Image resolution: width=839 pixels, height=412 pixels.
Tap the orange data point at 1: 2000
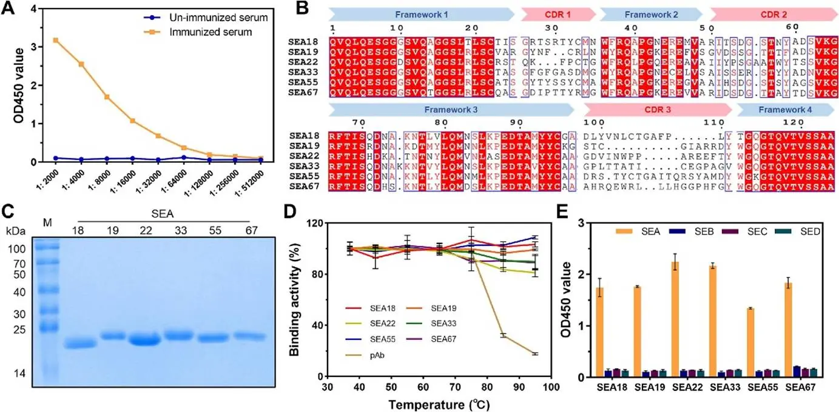click(x=56, y=40)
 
